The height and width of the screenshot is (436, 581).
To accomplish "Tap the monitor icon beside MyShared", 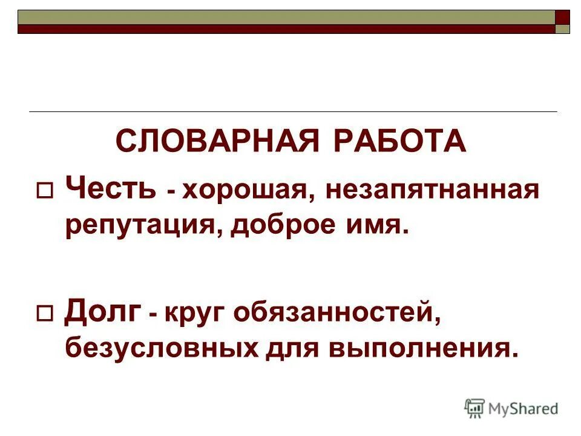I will [474, 408].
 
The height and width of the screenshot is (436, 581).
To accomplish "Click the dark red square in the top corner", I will [563, 16].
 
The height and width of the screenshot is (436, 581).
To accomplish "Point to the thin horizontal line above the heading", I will [293, 112].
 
